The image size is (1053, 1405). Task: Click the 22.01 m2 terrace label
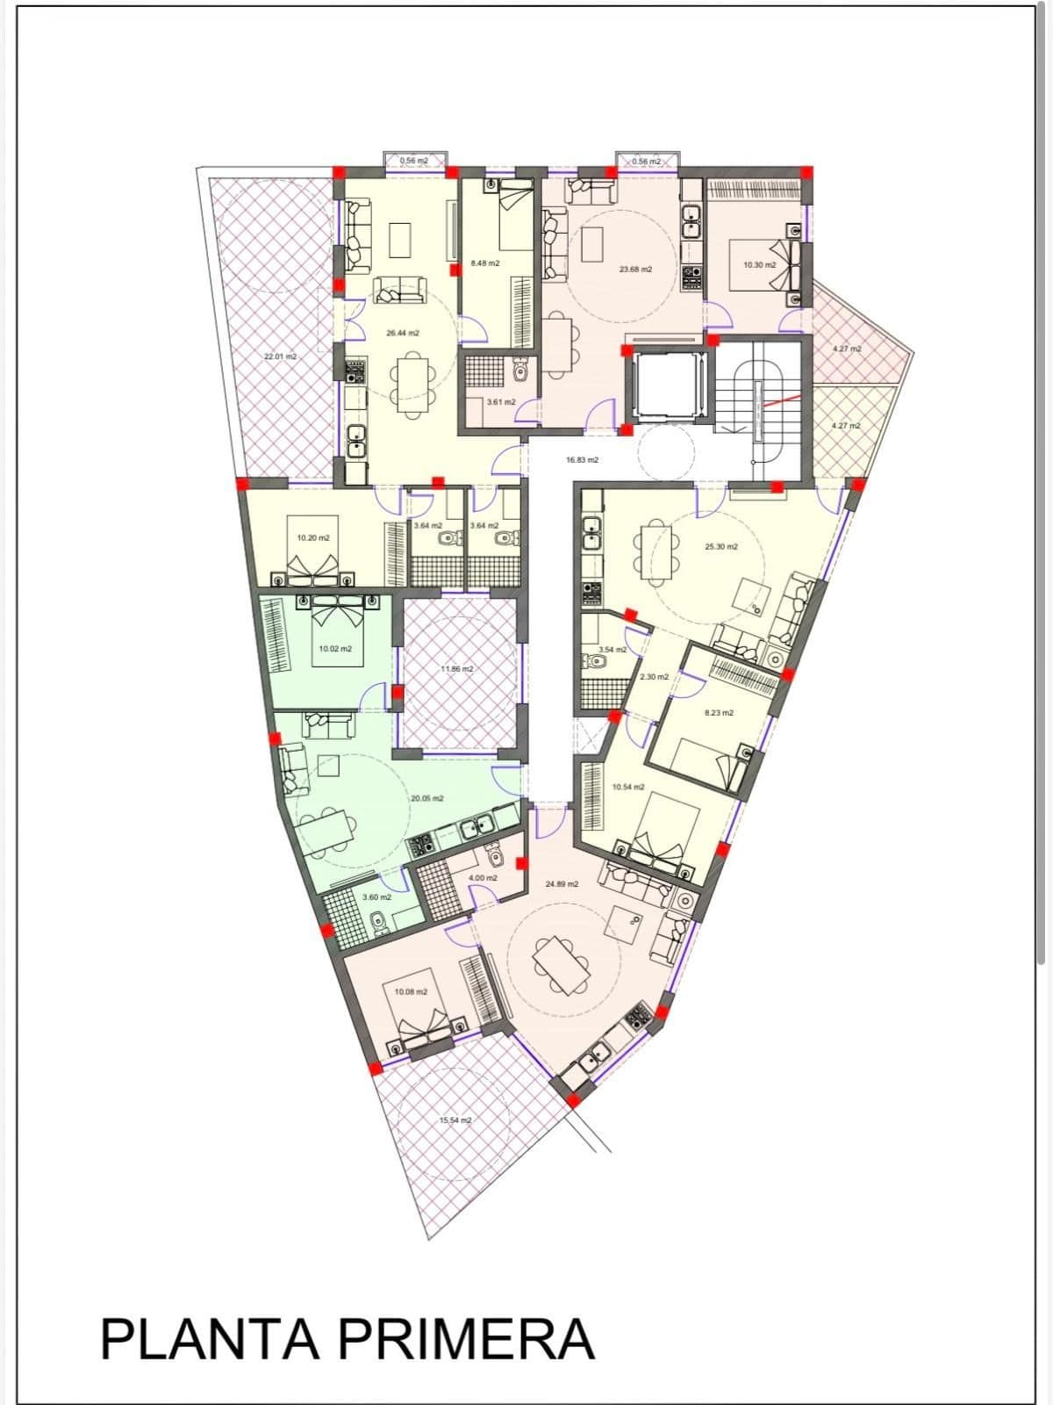pos(280,357)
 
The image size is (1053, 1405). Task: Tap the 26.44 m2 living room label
pos(402,333)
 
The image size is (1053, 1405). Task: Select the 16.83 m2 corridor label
pos(582,459)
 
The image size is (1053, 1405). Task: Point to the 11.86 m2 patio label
pos(456,668)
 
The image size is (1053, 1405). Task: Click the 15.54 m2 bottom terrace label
pos(455,1120)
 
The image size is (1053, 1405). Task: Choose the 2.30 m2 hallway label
pos(654,676)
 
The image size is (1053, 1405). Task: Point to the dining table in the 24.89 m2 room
pos(562,963)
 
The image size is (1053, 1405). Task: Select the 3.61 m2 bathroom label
pos(500,401)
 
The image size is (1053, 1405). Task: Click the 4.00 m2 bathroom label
pos(482,877)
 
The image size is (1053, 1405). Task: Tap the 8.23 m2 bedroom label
pos(719,712)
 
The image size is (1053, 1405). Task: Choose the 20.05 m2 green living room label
pos(426,798)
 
